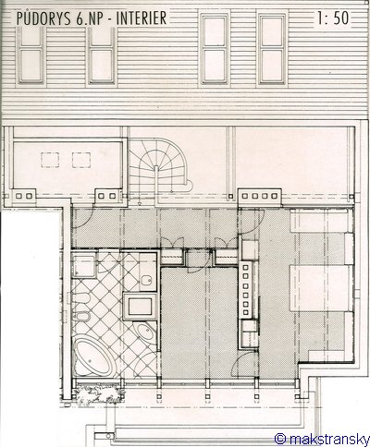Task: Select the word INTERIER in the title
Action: click(x=142, y=18)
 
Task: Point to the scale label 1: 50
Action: click(x=333, y=18)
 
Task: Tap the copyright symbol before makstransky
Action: click(x=280, y=439)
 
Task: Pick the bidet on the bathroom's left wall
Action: click(x=80, y=316)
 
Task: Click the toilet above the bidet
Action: click(x=80, y=298)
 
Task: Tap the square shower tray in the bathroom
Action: click(x=84, y=266)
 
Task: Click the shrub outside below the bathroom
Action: click(x=99, y=393)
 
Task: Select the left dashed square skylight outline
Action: click(x=50, y=160)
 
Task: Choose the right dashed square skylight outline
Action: click(x=81, y=160)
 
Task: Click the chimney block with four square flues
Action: click(x=260, y=196)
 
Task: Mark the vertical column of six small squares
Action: click(x=246, y=289)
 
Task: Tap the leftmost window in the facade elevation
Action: click(x=31, y=55)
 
